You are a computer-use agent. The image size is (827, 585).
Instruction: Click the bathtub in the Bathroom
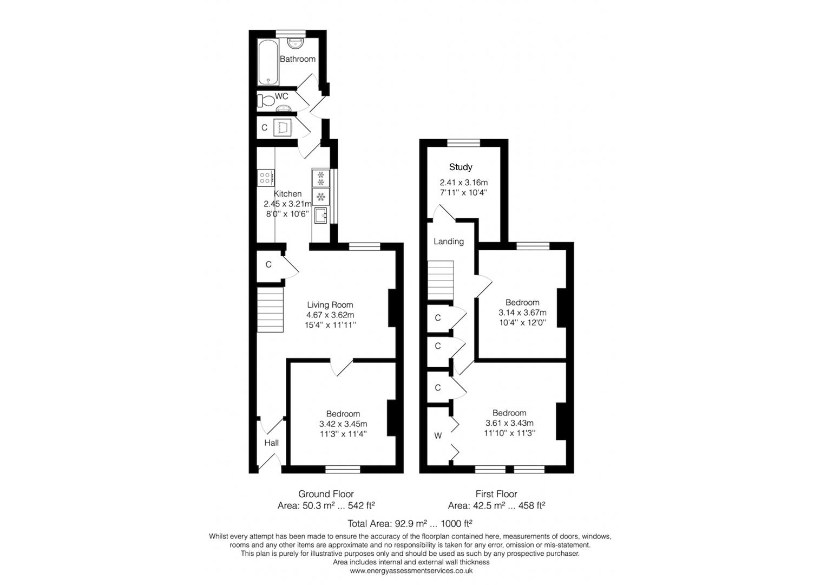pyautogui.click(x=268, y=62)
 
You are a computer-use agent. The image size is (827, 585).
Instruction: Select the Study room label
pyautogui.click(x=461, y=167)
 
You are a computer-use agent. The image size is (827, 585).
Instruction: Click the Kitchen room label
pyautogui.click(x=287, y=194)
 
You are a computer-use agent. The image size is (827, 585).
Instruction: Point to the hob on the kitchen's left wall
pyautogui.click(x=266, y=177)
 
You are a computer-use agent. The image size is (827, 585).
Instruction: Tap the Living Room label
pyautogui.click(x=330, y=305)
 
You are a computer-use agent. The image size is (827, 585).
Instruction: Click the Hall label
pyautogui.click(x=271, y=443)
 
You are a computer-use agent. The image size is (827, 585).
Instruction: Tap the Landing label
pyautogui.click(x=449, y=242)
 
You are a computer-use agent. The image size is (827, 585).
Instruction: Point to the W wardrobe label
pyautogui.click(x=438, y=435)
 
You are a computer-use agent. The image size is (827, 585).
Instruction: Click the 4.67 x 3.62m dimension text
pyautogui.click(x=330, y=315)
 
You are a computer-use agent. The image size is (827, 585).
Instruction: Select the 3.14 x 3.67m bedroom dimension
pyautogui.click(x=522, y=313)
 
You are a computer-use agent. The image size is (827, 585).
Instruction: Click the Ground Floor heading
pyautogui.click(x=326, y=494)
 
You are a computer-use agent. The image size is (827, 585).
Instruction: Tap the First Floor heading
pyautogui.click(x=496, y=494)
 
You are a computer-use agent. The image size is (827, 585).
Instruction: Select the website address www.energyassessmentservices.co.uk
pyautogui.click(x=411, y=570)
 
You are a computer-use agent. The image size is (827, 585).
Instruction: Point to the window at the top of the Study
pyautogui.click(x=464, y=142)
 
